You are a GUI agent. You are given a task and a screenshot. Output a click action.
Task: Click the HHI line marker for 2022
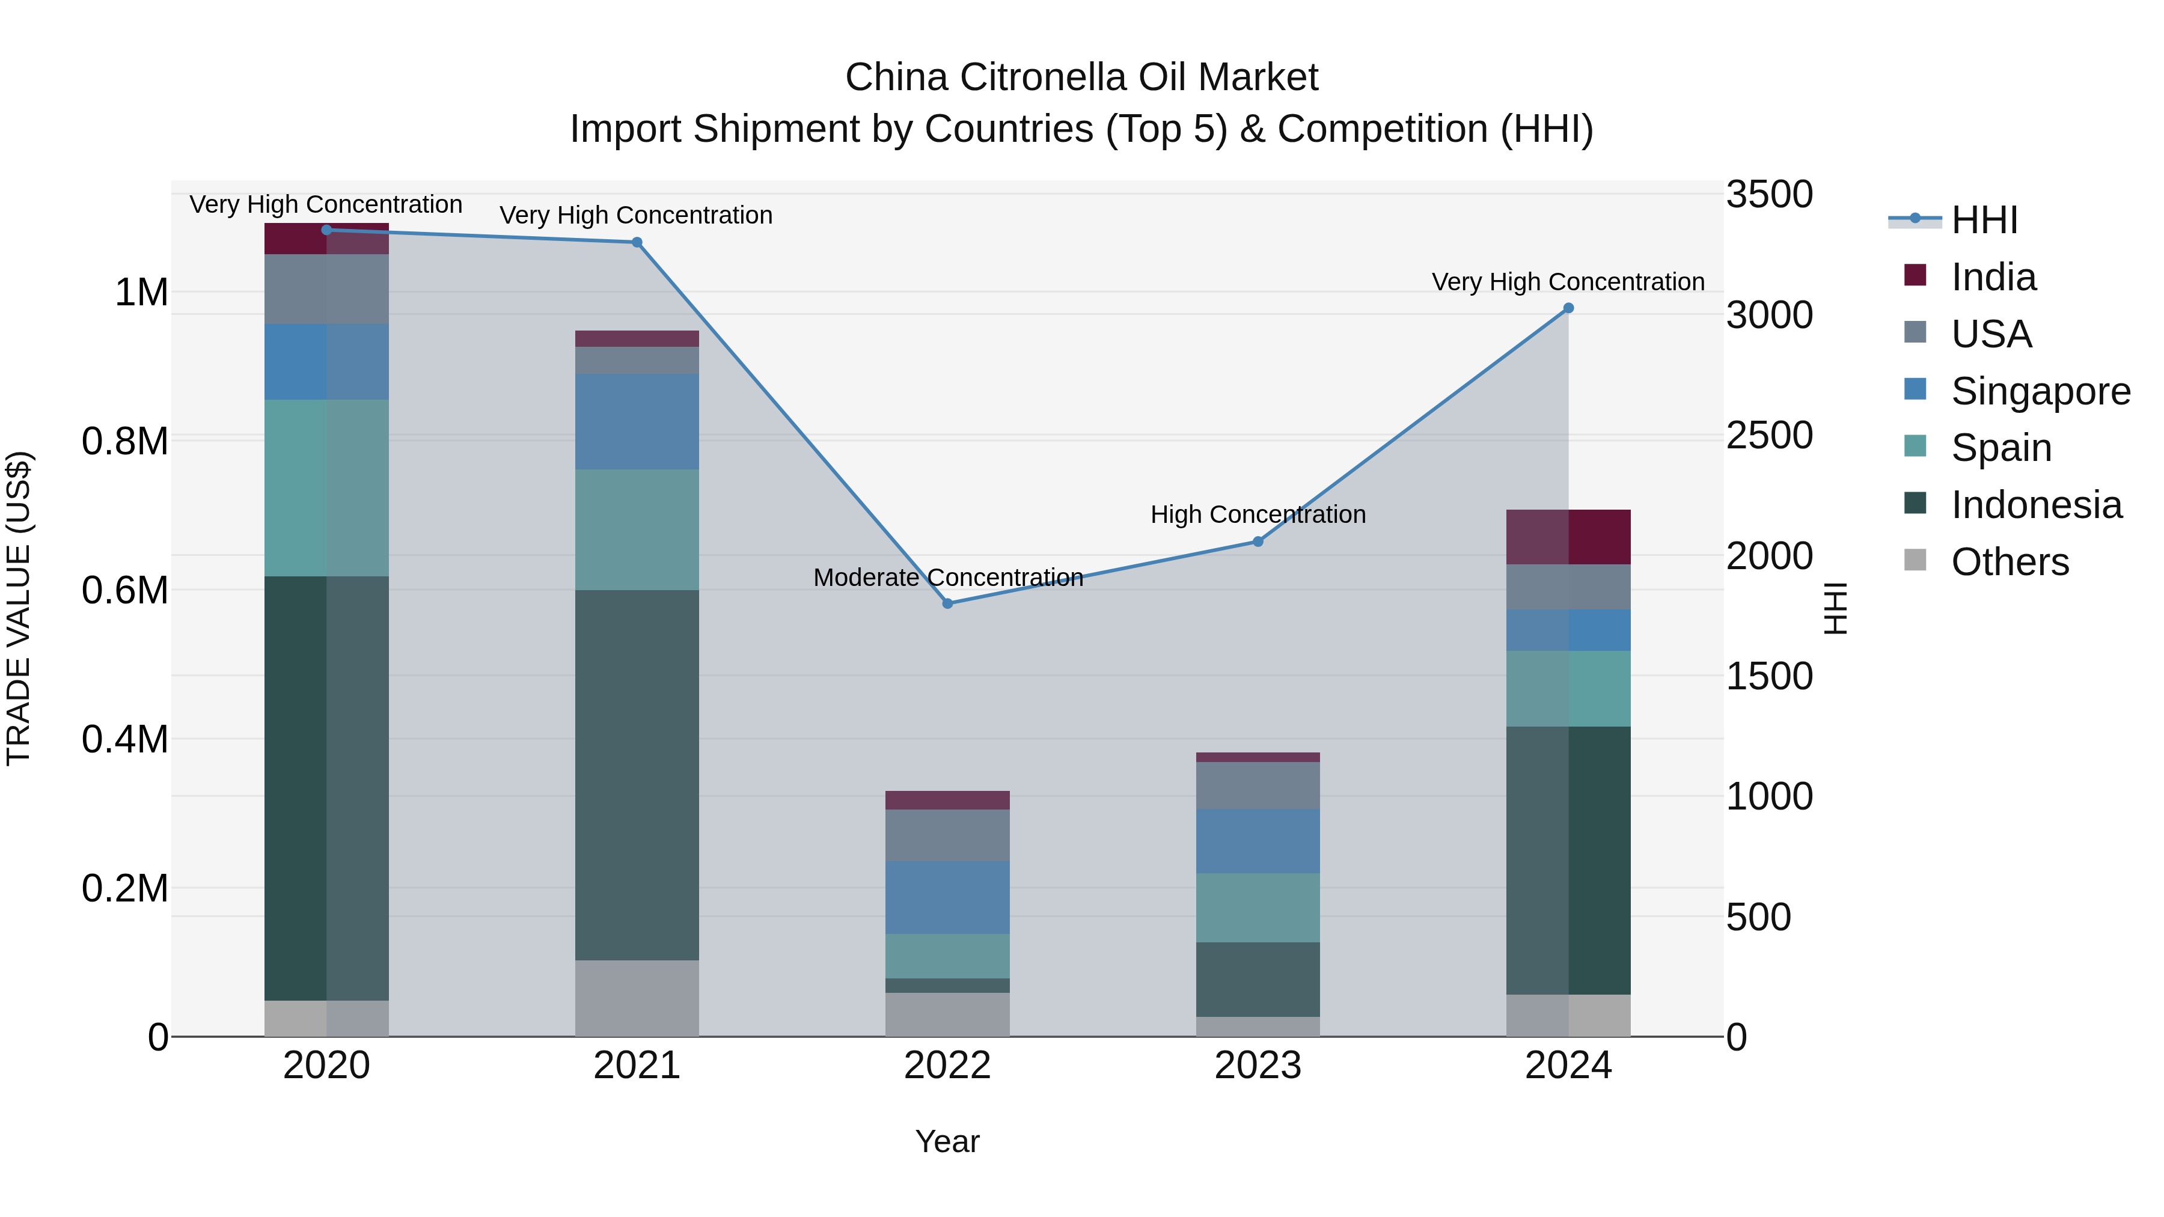coord(947,603)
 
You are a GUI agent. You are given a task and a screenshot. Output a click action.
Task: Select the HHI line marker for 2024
coord(1568,308)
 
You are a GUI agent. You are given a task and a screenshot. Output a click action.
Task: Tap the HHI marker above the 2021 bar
coord(637,243)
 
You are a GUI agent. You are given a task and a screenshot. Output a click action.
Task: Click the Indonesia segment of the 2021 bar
coord(637,775)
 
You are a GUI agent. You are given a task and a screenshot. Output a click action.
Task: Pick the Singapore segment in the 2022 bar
coord(947,897)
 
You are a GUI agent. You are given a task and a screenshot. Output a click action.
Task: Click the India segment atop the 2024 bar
coord(1568,537)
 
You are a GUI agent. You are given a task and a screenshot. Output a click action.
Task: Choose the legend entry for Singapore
coord(2040,391)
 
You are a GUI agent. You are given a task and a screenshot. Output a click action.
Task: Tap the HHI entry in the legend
coord(1984,220)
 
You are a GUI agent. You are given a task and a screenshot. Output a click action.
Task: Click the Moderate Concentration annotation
coord(947,578)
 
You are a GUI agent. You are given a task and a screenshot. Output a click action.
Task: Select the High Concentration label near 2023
coord(1258,515)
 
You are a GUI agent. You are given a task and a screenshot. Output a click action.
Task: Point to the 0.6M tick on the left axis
coord(124,590)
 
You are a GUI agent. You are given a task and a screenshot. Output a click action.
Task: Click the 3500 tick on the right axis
coord(1769,195)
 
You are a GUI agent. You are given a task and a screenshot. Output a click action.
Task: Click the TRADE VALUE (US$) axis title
coord(19,608)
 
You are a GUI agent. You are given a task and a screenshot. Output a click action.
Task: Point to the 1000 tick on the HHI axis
coord(1769,796)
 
